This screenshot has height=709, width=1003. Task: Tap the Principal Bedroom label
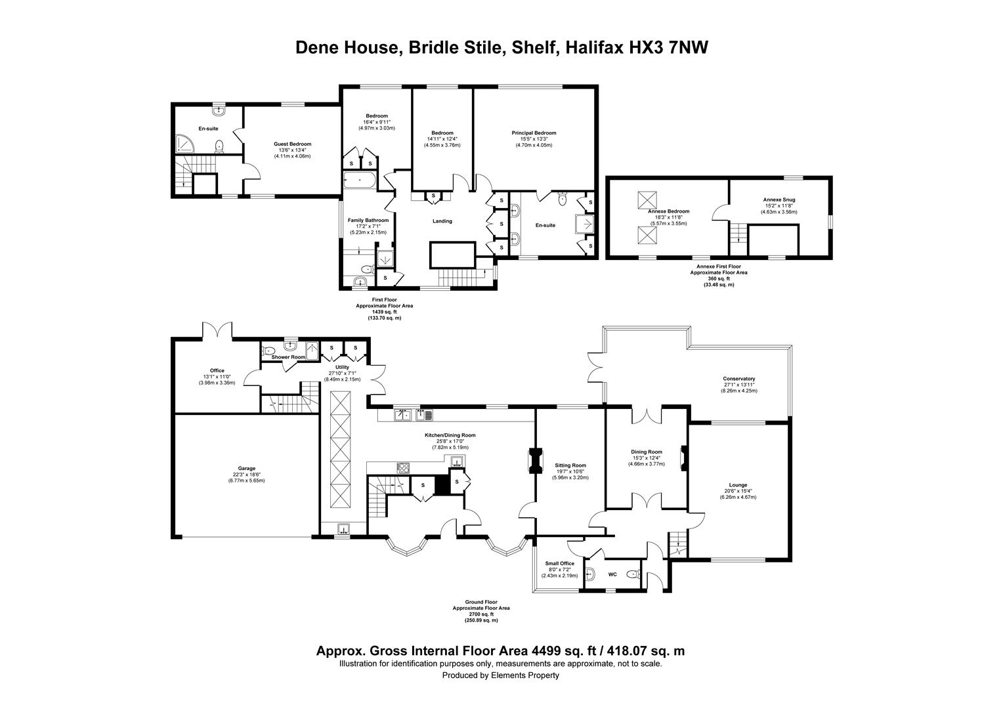[534, 133]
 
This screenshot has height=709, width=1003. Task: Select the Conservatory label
[739, 379]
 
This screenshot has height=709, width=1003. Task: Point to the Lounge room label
[738, 484]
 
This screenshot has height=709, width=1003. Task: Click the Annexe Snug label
[779, 200]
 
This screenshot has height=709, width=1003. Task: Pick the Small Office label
[560, 563]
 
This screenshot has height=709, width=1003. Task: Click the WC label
[612, 574]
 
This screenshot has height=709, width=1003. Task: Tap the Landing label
[442, 221]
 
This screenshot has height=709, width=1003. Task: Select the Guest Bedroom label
[292, 144]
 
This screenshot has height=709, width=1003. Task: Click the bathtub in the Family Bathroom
[360, 180]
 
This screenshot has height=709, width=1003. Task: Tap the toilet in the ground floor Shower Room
[268, 351]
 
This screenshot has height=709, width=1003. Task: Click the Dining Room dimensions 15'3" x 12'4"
[646, 458]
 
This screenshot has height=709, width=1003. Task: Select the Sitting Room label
[570, 465]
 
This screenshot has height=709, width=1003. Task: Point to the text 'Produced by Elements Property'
[501, 675]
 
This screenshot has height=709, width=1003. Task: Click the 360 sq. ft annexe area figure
[719, 278]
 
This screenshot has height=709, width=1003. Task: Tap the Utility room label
[342, 367]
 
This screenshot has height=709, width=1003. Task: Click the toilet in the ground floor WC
[633, 574]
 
